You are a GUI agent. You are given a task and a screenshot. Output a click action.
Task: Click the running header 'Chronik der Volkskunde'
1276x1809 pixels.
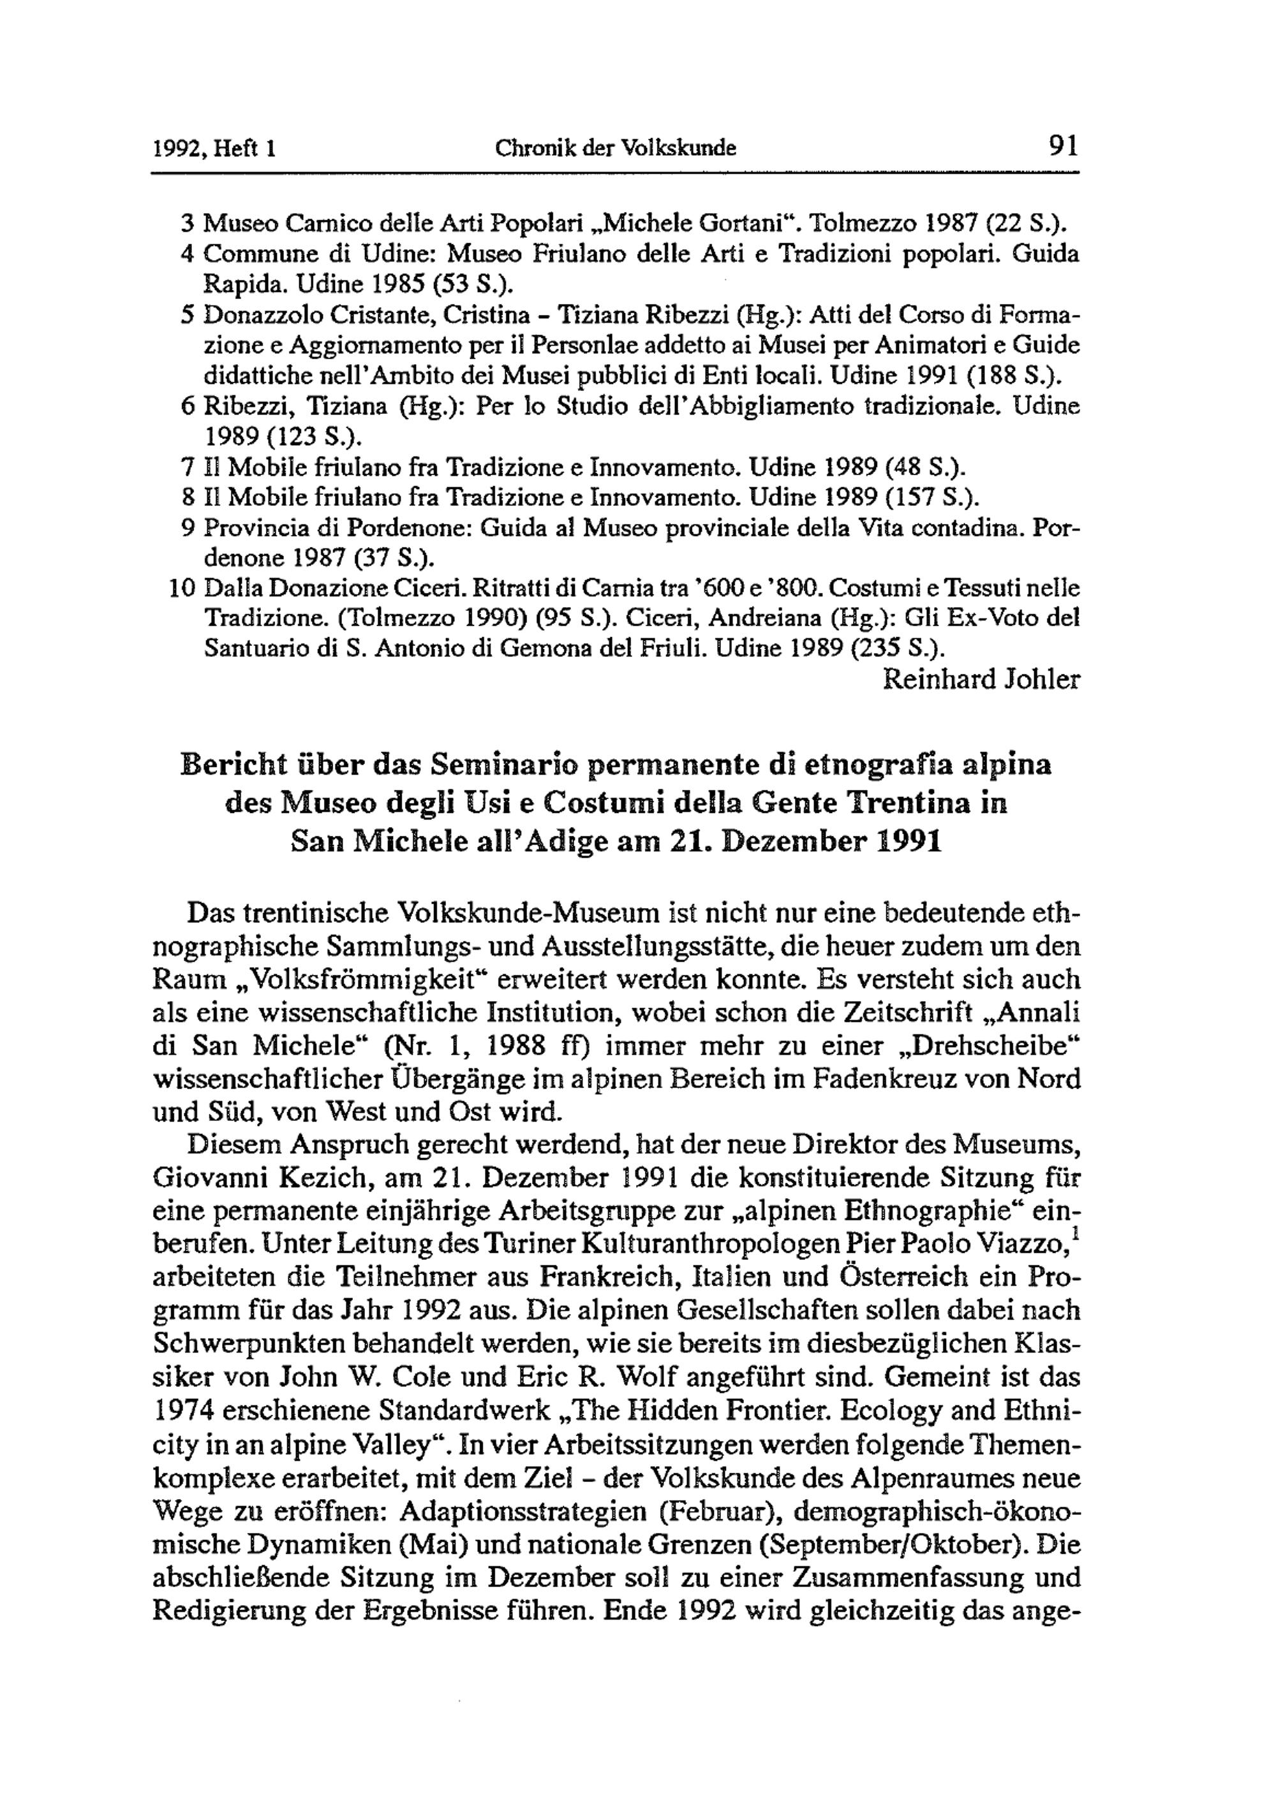(x=616, y=147)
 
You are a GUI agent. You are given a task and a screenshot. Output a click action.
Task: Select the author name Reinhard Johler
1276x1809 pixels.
(x=981, y=679)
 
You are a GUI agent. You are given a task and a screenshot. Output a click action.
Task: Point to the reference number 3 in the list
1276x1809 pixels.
(x=187, y=224)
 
